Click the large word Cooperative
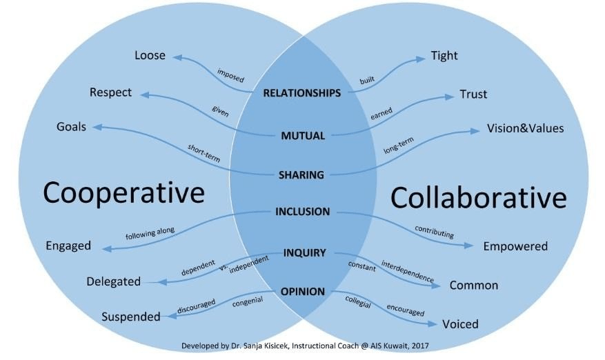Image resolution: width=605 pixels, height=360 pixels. [x=124, y=193]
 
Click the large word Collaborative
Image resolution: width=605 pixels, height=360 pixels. [x=479, y=197]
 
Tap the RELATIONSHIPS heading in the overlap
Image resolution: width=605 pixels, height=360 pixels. [x=302, y=93]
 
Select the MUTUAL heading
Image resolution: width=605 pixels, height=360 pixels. [x=303, y=136]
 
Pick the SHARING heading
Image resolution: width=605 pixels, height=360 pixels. [x=301, y=175]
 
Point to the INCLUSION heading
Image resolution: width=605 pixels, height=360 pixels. [x=302, y=212]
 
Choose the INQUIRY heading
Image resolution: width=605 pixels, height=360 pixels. [x=304, y=253]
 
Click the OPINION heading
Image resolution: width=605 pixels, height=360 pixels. [x=302, y=292]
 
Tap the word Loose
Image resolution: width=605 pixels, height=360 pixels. [x=150, y=56]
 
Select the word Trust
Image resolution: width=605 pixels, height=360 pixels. [x=473, y=94]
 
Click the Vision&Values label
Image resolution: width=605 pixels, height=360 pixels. [x=525, y=128]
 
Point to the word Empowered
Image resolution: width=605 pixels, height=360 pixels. [x=515, y=246]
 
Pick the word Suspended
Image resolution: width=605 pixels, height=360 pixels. [x=131, y=317]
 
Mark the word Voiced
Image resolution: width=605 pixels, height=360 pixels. [x=460, y=324]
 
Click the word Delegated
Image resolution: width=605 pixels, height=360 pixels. [x=113, y=281]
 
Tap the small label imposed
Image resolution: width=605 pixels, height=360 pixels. [x=230, y=75]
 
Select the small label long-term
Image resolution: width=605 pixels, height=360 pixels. [x=399, y=145]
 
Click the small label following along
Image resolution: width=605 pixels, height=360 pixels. [x=150, y=233]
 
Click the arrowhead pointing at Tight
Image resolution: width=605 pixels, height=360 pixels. [x=421, y=59]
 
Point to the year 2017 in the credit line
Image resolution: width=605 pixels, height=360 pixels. [x=420, y=346]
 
